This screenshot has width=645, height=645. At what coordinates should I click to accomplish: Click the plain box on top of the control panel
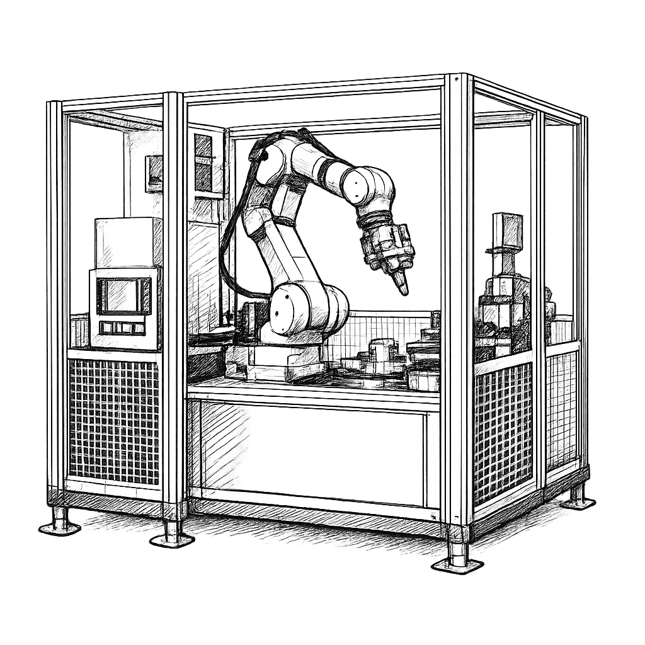[x=127, y=242]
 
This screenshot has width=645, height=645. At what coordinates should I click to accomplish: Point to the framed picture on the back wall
[x=153, y=173]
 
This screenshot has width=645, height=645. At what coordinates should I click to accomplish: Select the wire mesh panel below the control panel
[x=113, y=419]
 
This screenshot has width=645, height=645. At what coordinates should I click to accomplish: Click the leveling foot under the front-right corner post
[x=458, y=557]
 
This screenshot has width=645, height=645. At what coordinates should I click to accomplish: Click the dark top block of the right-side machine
[x=507, y=230]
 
